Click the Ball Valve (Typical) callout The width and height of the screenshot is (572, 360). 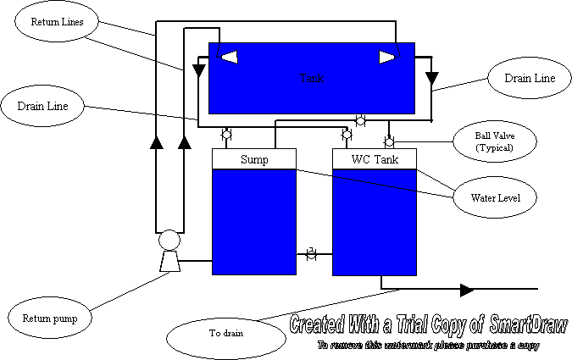[495, 141]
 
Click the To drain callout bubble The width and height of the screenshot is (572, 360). [225, 333]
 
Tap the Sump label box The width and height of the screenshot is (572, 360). [253, 159]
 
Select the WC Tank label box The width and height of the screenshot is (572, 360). [374, 159]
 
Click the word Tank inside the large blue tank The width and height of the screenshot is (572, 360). [312, 78]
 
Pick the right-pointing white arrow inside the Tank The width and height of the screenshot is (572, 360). [387, 57]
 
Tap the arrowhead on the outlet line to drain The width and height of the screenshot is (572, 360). [467, 290]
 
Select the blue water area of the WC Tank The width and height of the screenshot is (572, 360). [374, 222]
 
